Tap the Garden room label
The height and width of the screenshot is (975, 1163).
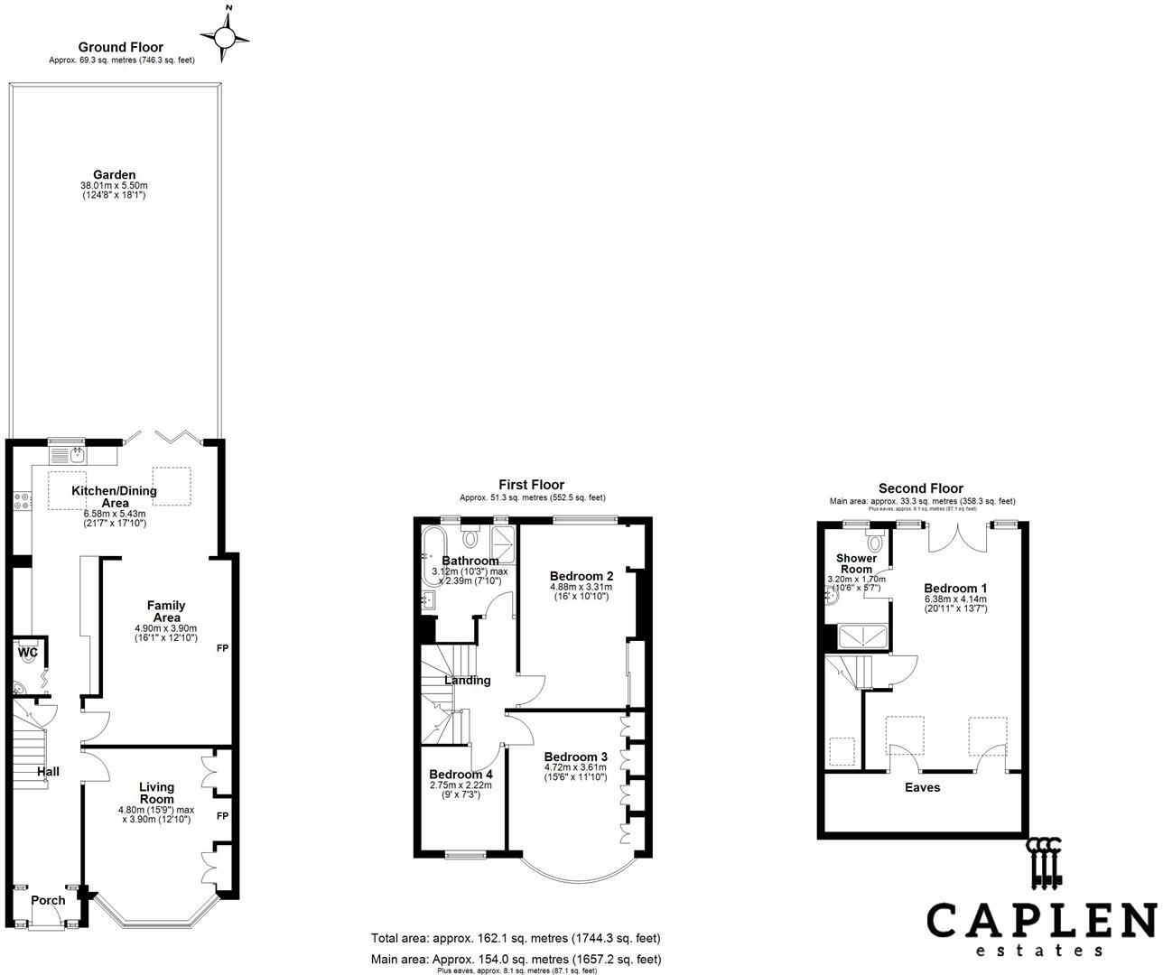pos(114,175)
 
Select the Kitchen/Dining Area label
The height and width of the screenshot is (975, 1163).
pos(114,497)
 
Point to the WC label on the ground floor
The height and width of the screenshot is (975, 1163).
pos(27,652)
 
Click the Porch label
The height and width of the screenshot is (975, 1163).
pos(48,900)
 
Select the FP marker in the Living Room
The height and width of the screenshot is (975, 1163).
pos(221,815)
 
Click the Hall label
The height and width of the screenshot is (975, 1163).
pos(48,772)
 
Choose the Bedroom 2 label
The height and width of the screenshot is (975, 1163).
pos(581,576)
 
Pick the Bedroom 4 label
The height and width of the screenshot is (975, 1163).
pos(461,775)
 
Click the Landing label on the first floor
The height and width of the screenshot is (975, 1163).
pos(468,681)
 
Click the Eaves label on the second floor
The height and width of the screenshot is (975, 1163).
pos(922,787)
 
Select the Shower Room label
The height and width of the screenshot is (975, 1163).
pos(856,563)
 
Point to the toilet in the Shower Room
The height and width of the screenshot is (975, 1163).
pos(873,542)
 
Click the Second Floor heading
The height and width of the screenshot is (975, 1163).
pos(921,488)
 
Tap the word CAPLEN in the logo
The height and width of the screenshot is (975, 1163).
pos(1041,920)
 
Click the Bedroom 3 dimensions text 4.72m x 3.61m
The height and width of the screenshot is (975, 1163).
pos(575,768)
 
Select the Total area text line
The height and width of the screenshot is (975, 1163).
pos(516,939)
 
